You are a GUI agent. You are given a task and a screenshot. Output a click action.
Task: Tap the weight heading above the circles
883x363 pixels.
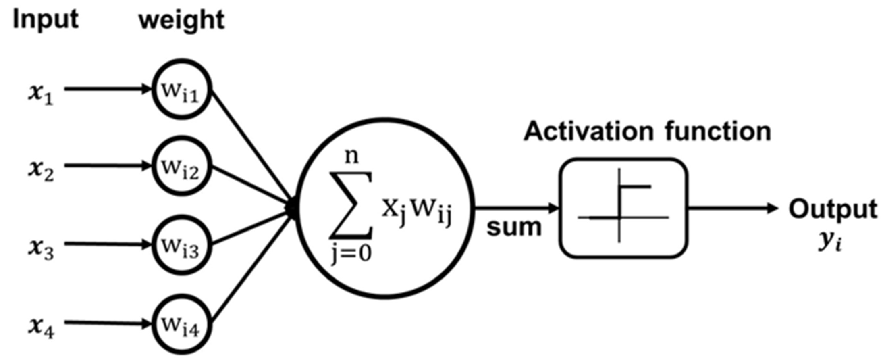pyautogui.click(x=181, y=20)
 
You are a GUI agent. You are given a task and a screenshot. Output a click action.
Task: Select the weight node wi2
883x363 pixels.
pyautogui.click(x=181, y=166)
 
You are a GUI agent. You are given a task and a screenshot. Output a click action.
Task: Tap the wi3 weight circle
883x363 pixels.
pyautogui.click(x=181, y=244)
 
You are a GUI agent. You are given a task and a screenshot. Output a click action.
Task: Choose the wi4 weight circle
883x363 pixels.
pyautogui.click(x=181, y=323)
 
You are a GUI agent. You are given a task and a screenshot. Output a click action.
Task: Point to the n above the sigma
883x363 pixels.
pyautogui.click(x=351, y=156)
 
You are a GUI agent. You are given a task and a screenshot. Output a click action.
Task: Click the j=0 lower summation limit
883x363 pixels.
pyautogui.click(x=351, y=254)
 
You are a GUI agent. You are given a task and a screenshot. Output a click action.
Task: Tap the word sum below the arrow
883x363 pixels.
pyautogui.click(x=514, y=227)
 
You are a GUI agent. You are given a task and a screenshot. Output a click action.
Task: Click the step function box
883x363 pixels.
pyautogui.click(x=623, y=208)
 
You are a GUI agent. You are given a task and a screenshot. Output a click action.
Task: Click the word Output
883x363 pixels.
pyautogui.click(x=833, y=209)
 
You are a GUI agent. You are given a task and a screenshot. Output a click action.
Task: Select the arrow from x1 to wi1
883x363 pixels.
pyautogui.click(x=107, y=89)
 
